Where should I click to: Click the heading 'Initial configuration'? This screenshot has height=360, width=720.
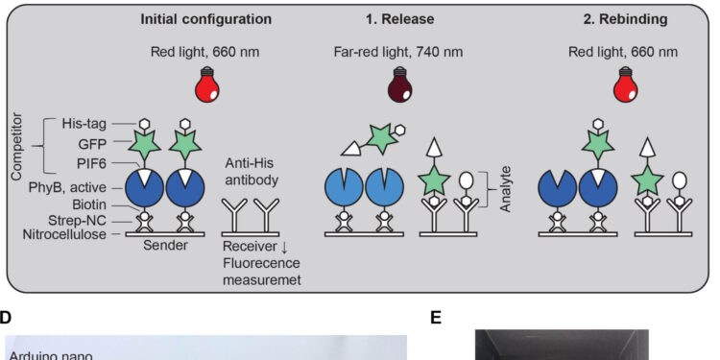coord(206,18)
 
